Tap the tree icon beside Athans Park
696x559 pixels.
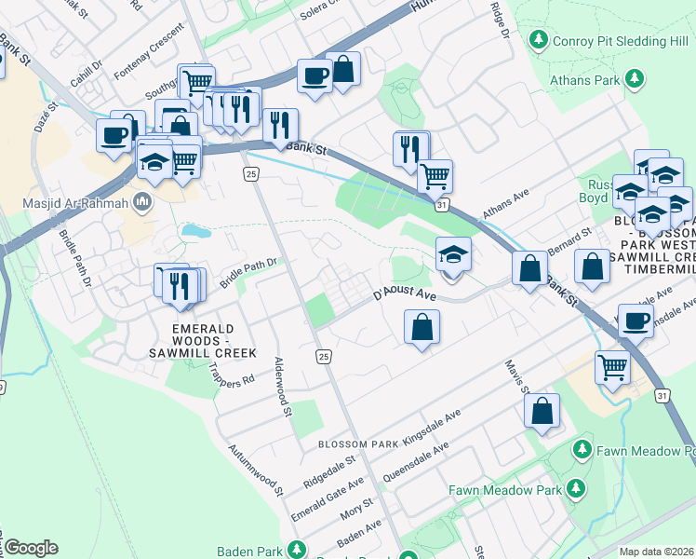pyautogui.click(x=636, y=79)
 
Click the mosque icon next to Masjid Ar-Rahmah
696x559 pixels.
pyautogui.click(x=142, y=201)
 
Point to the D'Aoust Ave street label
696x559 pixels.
pyautogui.click(x=405, y=294)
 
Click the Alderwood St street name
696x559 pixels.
pyautogui.click(x=283, y=387)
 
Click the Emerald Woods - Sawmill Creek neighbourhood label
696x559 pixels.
pyautogui.click(x=210, y=341)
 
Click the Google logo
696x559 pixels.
pyautogui.click(x=31, y=548)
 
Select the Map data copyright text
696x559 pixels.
pyautogui.click(x=657, y=552)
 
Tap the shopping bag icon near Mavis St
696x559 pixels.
pyautogui.click(x=542, y=411)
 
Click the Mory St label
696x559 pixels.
pyautogui.click(x=356, y=509)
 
